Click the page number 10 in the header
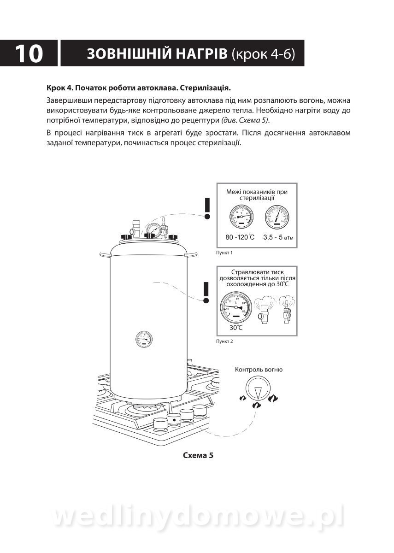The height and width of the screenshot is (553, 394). click(x=29, y=53)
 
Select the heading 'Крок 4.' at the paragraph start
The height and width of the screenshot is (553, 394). click(x=59, y=88)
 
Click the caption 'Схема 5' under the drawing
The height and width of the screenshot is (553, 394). click(x=198, y=456)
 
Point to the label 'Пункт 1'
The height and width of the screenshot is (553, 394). click(x=224, y=253)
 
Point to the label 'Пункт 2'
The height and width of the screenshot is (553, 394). click(x=224, y=341)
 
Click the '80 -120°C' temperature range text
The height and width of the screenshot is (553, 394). click(x=240, y=237)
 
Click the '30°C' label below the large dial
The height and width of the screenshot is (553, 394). click(x=236, y=328)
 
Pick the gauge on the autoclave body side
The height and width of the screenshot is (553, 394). click(x=144, y=338)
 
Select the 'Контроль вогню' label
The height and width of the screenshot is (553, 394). click(x=259, y=370)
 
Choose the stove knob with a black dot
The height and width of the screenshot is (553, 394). click(x=174, y=420)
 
